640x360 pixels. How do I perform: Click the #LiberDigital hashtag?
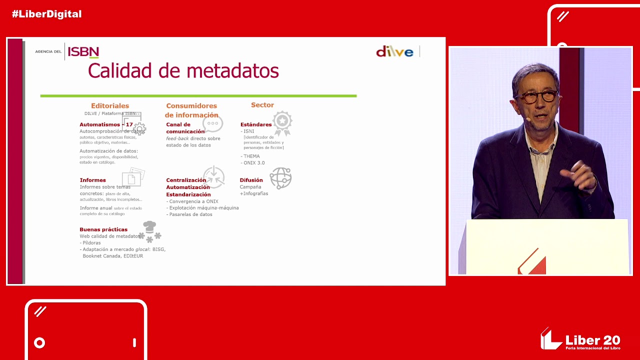click(46, 14)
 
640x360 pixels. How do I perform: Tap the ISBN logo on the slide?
click(83, 51)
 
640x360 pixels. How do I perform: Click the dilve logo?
click(394, 51)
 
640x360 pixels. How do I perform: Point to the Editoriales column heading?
click(110, 106)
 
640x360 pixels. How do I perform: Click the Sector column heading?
click(262, 105)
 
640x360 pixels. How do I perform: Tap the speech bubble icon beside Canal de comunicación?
click(212, 123)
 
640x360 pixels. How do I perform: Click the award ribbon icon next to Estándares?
click(282, 122)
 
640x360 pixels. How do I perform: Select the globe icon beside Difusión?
click(280, 178)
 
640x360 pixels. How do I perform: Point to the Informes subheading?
click(93, 180)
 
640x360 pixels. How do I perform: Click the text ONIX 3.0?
click(253, 163)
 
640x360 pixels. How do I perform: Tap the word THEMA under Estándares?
click(251, 156)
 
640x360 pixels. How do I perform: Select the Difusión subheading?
click(251, 180)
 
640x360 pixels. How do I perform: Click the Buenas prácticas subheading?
click(103, 229)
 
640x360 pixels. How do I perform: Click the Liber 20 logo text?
click(592, 341)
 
